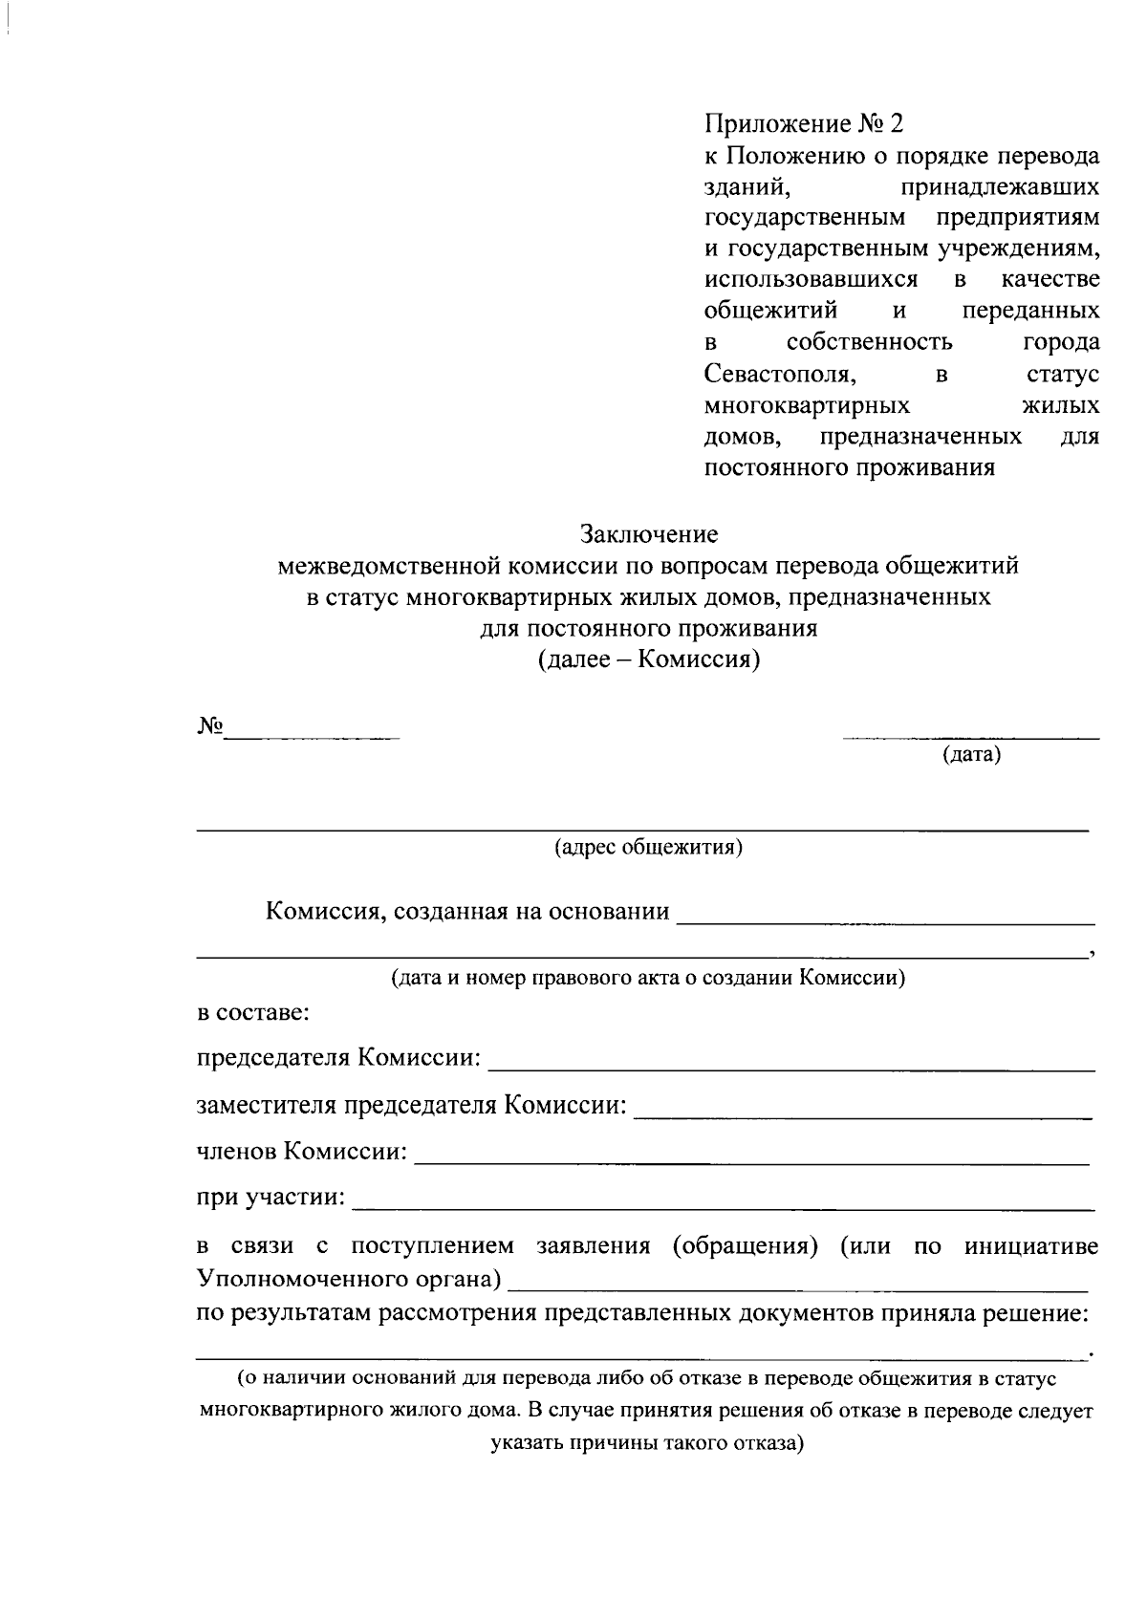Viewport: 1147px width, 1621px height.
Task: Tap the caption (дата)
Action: point(971,756)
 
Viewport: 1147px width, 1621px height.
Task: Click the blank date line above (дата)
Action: point(970,737)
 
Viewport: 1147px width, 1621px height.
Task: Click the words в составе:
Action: point(253,1012)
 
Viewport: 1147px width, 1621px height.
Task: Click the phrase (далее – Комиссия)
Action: point(649,660)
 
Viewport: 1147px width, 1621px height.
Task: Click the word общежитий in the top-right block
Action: point(770,312)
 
